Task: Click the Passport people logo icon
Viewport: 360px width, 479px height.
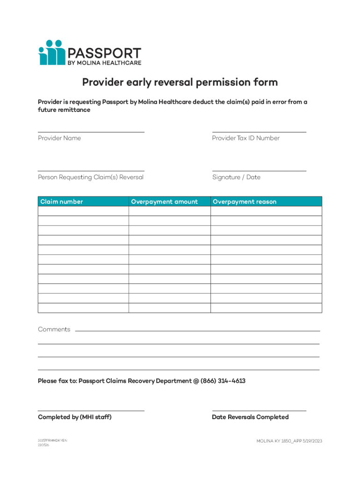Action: click(51, 52)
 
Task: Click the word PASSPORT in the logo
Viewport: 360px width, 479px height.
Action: click(104, 52)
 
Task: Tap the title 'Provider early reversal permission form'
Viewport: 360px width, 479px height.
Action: click(180, 82)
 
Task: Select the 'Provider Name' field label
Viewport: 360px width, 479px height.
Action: click(59, 138)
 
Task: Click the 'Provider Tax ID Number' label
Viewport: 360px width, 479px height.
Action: click(246, 138)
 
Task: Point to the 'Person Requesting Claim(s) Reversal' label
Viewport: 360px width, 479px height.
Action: click(91, 177)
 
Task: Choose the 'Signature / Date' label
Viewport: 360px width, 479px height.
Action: click(236, 177)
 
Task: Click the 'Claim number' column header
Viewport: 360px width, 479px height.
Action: click(62, 202)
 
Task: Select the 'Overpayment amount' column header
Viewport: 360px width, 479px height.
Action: click(164, 202)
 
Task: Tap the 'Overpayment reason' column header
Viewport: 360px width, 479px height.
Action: click(245, 202)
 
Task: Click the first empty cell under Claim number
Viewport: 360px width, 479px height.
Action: click(83, 211)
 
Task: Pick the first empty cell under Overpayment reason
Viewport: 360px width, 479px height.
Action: click(266, 211)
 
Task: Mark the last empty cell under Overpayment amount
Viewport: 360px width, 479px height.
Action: click(169, 308)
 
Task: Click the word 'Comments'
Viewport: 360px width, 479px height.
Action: click(54, 329)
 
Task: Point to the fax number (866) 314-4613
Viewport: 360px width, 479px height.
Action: click(223, 381)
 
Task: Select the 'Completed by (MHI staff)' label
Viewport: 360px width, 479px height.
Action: click(75, 417)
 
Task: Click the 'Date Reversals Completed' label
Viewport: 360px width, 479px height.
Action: click(250, 417)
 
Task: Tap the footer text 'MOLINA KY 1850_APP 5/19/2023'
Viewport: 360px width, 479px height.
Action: click(289, 441)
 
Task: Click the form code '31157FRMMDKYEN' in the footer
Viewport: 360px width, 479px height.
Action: click(52, 441)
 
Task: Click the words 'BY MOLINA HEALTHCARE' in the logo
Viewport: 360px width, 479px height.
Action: click(105, 63)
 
